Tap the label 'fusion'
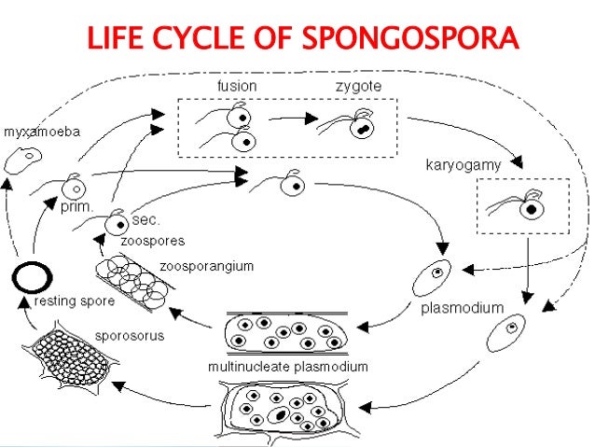pos(237,86)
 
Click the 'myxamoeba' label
pos(42,133)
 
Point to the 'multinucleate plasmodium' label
pos(287,367)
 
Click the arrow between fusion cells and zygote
pos(286,120)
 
